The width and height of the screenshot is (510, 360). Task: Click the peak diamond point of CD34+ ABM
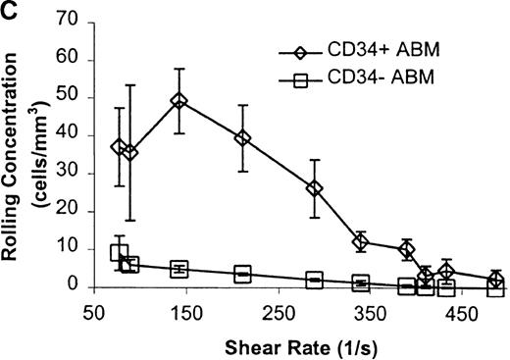(178, 100)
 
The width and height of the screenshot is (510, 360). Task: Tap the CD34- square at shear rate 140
(178, 269)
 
